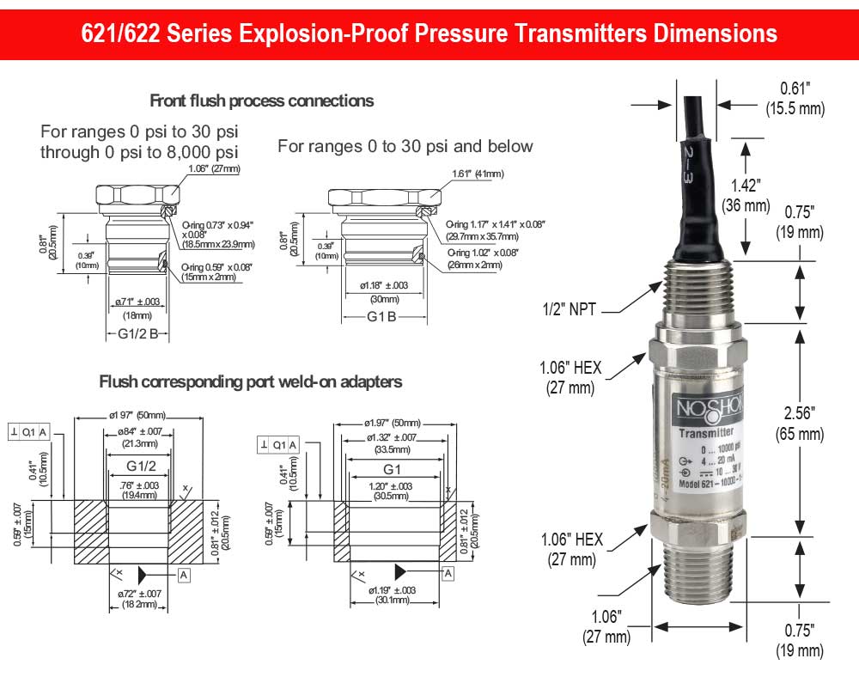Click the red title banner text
pos(429,33)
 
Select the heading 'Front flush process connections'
pos(262,101)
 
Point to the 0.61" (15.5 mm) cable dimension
pos(795,98)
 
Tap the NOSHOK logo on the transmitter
pos(699,408)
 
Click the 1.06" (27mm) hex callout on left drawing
pos(211,168)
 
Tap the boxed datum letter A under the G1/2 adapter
pos(184,573)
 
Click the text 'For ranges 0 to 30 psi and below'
pos(405,146)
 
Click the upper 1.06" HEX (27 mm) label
pos(570,377)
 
